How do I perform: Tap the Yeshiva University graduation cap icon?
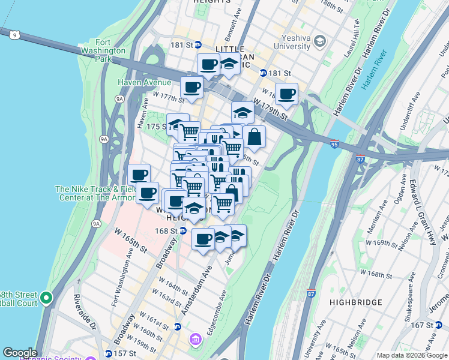pyautogui.click(x=320, y=41)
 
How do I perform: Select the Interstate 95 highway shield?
pyautogui.click(x=334, y=144)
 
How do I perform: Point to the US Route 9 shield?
pyautogui.click(x=14, y=35)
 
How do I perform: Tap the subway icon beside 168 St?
pyautogui.click(x=184, y=230)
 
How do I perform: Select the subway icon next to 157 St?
pyautogui.click(x=108, y=353)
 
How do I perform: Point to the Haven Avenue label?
pyautogui.click(x=145, y=82)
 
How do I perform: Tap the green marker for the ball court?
pyautogui.click(x=46, y=297)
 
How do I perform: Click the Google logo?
pyautogui.click(x=20, y=353)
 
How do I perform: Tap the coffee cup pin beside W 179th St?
pyautogui.click(x=286, y=93)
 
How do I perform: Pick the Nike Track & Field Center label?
pyautogui.click(x=90, y=193)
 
